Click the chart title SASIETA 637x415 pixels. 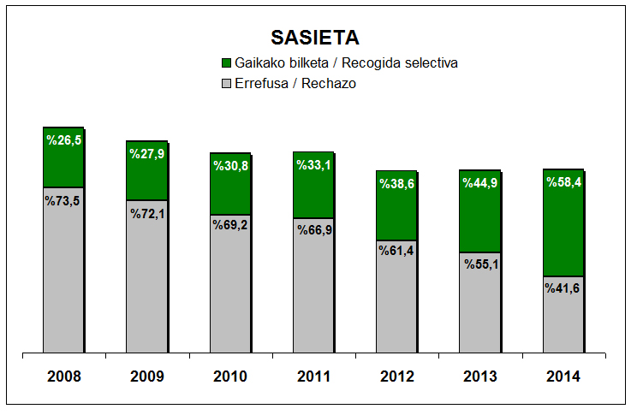coord(314,38)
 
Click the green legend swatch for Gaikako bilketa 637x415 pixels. coord(226,63)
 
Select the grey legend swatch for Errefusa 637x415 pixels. coord(226,84)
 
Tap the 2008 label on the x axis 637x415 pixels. coord(63,376)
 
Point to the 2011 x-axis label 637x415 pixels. coord(313,376)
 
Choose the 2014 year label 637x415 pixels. coord(563,376)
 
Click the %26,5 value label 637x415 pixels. coord(63,140)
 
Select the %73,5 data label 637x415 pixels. coord(63,200)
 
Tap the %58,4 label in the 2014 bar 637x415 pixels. coord(563,182)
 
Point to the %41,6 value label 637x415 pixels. coord(563,288)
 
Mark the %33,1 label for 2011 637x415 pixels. coord(313,165)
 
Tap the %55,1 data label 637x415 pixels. coord(480,264)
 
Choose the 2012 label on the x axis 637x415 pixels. coord(396,376)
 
